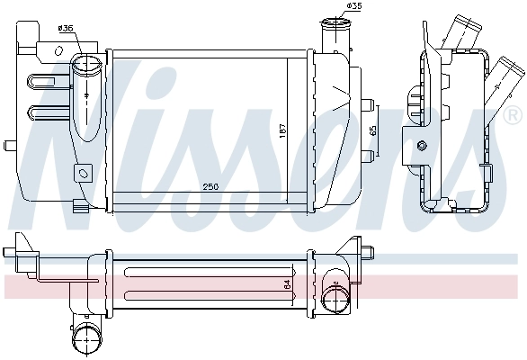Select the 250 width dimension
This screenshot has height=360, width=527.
click(210, 187)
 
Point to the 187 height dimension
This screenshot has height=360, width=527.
click(281, 130)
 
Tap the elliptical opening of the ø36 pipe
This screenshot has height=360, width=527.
click(88, 65)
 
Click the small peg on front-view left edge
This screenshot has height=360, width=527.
click(7, 144)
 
